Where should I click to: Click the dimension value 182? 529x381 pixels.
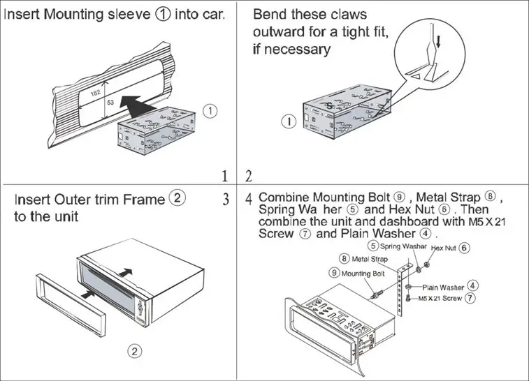tap(96, 93)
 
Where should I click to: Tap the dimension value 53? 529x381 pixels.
tap(110, 102)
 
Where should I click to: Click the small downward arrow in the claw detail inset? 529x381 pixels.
tap(438, 41)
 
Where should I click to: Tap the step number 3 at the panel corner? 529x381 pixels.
tap(226, 200)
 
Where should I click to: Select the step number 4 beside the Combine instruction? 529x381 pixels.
tap(249, 200)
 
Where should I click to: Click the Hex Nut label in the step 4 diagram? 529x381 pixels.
tap(444, 248)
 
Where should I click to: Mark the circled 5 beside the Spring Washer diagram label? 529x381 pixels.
tap(374, 246)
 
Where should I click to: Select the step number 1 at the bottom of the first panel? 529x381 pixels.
tap(225, 174)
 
